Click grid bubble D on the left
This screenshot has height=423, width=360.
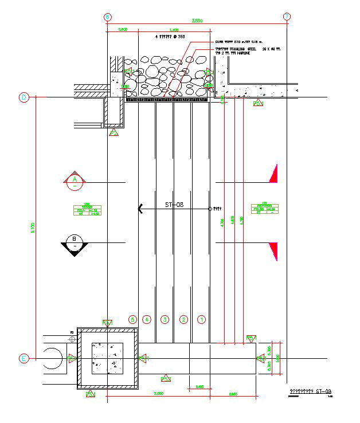click(24, 97)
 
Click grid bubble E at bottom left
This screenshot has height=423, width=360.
click(24, 359)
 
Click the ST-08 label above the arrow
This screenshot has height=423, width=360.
click(174, 204)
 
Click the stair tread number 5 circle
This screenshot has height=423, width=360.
click(133, 319)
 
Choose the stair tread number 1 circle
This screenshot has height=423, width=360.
click(201, 319)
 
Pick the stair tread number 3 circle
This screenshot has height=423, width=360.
click(165, 319)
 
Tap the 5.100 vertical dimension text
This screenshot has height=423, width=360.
click(33, 228)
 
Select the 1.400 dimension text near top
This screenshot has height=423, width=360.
click(174, 29)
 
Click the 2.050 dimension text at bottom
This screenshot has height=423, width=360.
click(158, 394)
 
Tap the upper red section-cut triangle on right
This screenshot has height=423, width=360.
click(274, 174)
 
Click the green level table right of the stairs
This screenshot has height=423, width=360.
click(265, 209)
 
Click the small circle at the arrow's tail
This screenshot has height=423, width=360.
click(210, 209)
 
